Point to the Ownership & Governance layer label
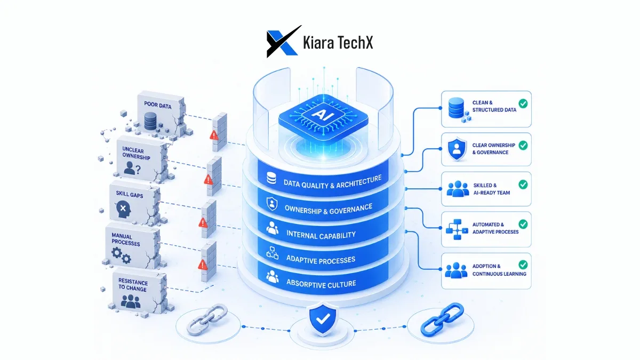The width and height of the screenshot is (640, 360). coord(329,209)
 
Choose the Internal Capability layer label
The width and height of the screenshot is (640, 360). coord(321,235)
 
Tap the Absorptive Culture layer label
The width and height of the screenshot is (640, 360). coord(321,283)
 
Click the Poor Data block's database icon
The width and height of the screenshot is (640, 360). coord(150,121)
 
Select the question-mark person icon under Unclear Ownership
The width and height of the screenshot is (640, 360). coord(132,169)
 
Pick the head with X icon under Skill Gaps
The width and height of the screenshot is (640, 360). coord(124,210)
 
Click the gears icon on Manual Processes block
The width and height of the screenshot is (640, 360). coord(121,255)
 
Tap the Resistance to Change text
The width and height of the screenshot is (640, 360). coord(133,285)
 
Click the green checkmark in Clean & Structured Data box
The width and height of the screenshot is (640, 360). coord(523,103)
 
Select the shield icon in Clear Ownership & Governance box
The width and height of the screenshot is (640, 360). coord(457,149)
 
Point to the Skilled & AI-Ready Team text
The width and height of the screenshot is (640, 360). coord(491,189)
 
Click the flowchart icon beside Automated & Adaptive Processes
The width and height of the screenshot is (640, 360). coord(457,229)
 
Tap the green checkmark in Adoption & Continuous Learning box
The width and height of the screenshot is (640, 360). coord(523,265)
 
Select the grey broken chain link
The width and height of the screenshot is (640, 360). coord(207,319)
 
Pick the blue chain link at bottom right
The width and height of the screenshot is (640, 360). coord(442,319)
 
